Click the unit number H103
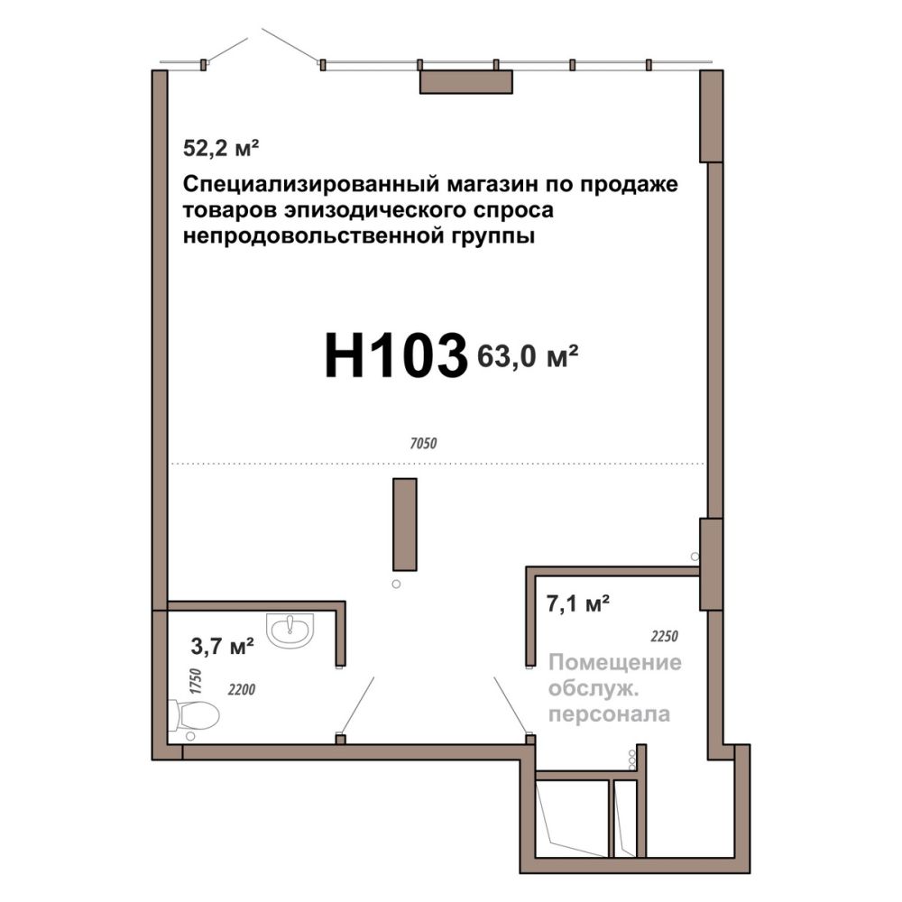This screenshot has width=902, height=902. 396,356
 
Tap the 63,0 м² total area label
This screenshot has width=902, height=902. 528,356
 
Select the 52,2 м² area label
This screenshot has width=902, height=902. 221,148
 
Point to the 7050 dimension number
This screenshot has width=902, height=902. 423,444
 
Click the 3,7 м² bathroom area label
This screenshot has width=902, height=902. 223,646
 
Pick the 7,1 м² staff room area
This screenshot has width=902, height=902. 577,604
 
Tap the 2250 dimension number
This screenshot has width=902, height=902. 665,636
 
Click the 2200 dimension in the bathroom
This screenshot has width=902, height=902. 242,688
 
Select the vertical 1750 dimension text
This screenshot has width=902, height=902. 196,681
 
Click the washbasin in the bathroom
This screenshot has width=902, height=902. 290,630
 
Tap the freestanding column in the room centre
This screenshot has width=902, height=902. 405,524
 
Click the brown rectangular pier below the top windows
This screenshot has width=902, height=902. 466,82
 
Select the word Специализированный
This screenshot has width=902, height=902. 312,185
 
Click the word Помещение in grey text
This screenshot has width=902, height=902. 615,663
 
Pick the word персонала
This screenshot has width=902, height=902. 609,714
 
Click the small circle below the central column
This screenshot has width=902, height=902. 396,584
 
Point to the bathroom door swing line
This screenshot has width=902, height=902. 358,705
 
